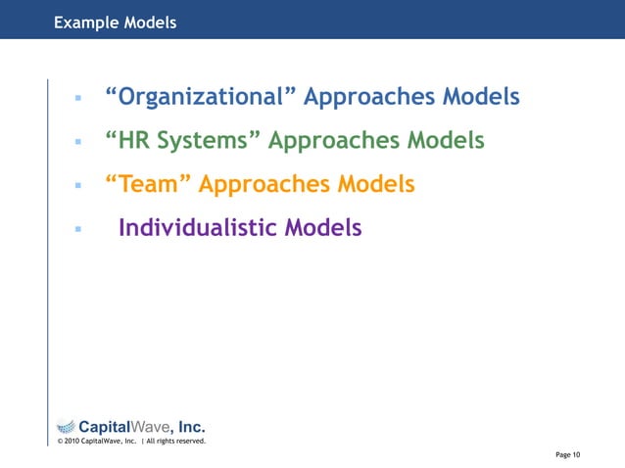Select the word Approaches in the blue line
click(x=369, y=98)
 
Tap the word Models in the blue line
click(x=481, y=98)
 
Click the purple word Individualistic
click(x=197, y=228)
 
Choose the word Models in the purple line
click(x=322, y=228)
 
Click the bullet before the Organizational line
click(x=75, y=99)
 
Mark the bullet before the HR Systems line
click(x=75, y=143)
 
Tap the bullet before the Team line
click(x=75, y=186)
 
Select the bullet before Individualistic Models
click(x=75, y=229)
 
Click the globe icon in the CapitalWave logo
click(x=65, y=426)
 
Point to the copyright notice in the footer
click(x=130, y=441)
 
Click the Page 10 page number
click(x=567, y=454)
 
